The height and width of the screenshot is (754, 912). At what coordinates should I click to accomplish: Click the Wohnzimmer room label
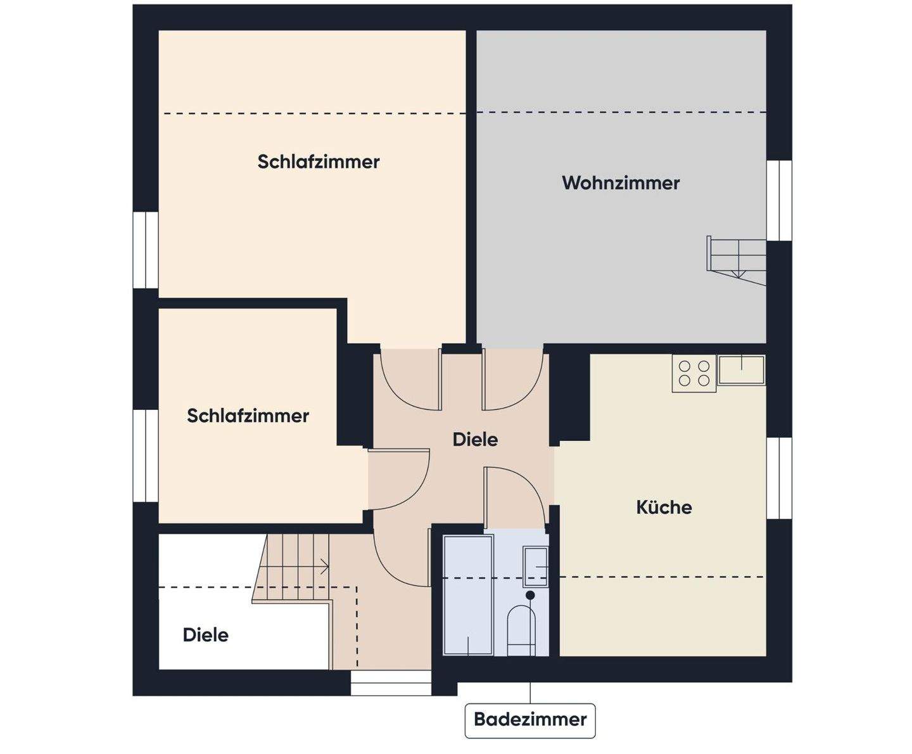[x=621, y=183]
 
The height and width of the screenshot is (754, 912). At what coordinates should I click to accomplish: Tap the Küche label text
[x=664, y=507]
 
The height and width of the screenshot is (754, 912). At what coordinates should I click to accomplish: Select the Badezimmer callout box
[x=530, y=720]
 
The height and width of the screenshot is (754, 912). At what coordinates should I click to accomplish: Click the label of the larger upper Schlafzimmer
[x=319, y=162]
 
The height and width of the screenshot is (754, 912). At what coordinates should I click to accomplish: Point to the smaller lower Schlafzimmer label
[x=248, y=416]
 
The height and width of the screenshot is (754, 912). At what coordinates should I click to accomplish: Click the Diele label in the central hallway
[x=475, y=439]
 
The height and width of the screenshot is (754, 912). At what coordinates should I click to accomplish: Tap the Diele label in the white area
[x=205, y=635]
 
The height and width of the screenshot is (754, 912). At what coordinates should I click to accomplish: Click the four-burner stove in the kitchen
[x=694, y=373]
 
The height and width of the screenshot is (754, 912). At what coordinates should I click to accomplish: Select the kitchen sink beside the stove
[x=741, y=370]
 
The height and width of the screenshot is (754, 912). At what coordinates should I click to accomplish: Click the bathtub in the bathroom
[x=468, y=594]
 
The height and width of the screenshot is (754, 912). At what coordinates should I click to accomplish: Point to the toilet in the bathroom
[x=522, y=629]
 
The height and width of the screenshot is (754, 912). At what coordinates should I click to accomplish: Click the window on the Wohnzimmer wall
[x=780, y=200]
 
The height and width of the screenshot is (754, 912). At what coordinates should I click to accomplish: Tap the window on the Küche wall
[x=780, y=478]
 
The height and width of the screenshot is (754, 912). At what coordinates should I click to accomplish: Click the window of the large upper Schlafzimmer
[x=145, y=250]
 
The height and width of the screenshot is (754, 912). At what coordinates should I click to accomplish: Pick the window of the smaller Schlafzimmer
[x=145, y=456]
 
